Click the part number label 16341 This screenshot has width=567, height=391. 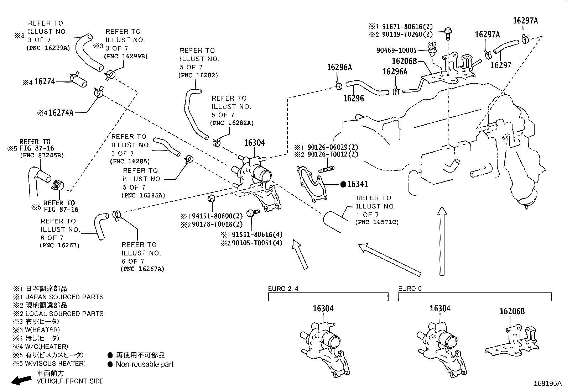pyautogui.click(x=358, y=184)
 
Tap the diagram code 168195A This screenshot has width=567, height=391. pyautogui.click(x=547, y=384)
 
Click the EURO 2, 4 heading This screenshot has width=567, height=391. pyautogui.click(x=283, y=289)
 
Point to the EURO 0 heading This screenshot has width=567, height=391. pyautogui.click(x=410, y=289)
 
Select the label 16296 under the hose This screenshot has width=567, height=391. pyautogui.click(x=353, y=99)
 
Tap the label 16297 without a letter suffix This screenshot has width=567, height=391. pyautogui.click(x=500, y=65)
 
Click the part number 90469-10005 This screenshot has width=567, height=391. pyautogui.click(x=396, y=51)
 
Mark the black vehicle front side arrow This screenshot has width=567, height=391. pyautogui.click(x=21, y=380)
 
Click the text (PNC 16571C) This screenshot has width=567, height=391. pyautogui.click(x=377, y=222)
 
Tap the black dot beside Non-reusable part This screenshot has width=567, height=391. pyautogui.click(x=110, y=364)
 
